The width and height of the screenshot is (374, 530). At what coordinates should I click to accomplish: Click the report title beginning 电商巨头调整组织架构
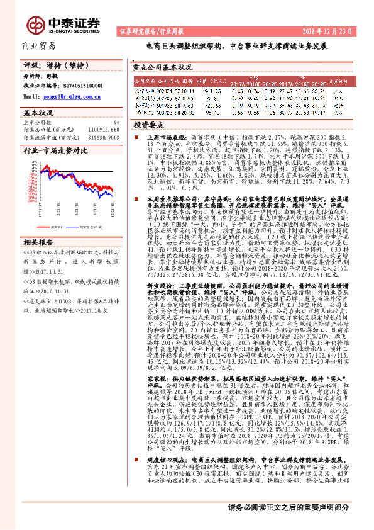pyautogui.click(x=236, y=47)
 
